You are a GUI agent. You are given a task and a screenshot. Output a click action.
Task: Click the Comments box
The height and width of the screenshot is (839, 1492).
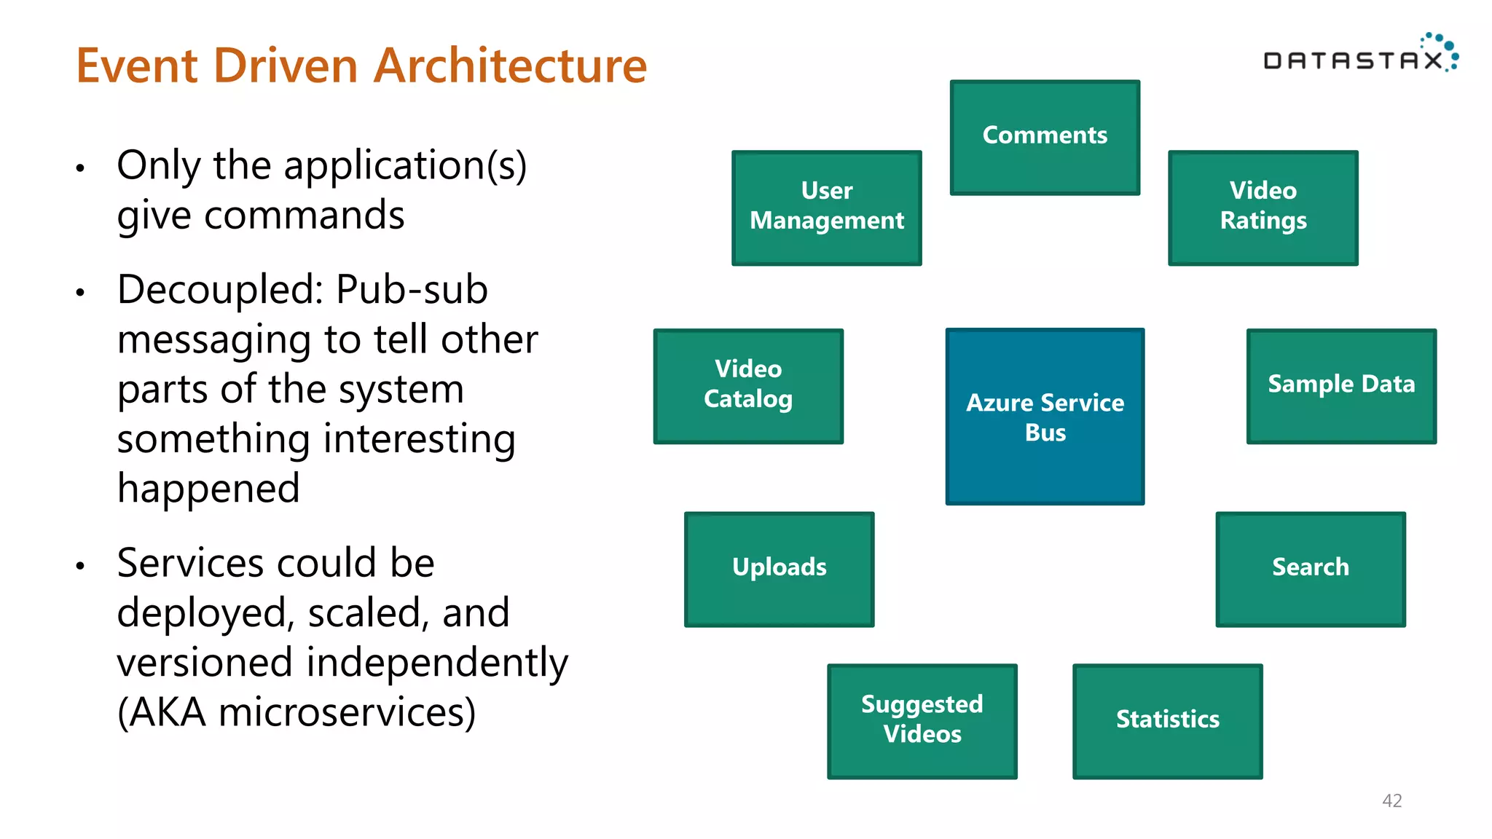(1045, 137)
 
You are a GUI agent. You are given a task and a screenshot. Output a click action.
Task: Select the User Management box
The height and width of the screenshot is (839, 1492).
(826, 208)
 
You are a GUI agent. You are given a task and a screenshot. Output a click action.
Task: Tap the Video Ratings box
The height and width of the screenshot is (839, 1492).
(1263, 208)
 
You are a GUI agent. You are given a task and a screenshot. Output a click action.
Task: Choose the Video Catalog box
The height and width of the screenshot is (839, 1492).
(748, 385)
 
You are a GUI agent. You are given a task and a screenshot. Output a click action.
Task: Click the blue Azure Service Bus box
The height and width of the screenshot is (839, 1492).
(1045, 416)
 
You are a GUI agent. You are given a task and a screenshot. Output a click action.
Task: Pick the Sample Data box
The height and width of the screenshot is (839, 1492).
(1340, 385)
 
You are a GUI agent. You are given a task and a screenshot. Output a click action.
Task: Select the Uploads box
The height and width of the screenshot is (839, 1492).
(779, 569)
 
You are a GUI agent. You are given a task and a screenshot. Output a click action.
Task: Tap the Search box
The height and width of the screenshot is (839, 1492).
(1310, 569)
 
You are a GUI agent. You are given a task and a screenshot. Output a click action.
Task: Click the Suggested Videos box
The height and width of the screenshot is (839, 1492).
(922, 720)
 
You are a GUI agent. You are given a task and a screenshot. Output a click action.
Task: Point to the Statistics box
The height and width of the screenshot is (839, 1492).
(1167, 720)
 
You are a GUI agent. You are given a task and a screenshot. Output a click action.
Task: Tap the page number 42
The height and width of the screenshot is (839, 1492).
(1391, 800)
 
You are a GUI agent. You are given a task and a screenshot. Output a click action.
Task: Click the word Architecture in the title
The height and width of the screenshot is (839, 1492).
(510, 66)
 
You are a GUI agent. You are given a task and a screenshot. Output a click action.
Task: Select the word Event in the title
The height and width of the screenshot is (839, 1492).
(137, 66)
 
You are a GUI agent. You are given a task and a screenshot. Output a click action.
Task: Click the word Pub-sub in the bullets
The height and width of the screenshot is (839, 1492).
(412, 290)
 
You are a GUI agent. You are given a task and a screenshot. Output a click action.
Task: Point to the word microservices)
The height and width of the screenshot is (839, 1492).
(347, 712)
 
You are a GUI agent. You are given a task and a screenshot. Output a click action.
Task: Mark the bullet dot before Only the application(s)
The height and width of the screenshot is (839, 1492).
(80, 168)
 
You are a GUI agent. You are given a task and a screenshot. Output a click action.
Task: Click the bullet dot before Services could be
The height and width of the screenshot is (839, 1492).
(80, 566)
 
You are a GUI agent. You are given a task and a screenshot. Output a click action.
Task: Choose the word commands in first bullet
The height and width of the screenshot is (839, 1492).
(304, 216)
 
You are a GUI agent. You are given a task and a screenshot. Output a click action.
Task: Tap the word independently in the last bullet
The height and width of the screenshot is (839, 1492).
(436, 663)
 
